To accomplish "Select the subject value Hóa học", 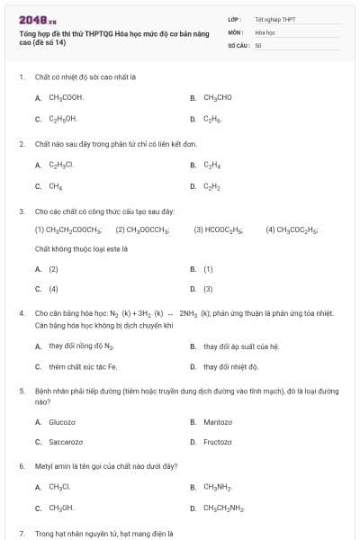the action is point(265,31).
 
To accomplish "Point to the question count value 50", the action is point(258,44).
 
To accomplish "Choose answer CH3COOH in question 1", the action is point(66,97).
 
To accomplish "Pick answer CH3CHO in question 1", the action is point(218,97).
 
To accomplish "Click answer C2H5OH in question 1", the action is point(63,119).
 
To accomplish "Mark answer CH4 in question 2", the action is point(56,186).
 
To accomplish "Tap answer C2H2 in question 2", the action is point(212,186).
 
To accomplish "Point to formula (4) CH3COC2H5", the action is point(292,229).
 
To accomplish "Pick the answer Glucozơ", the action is point(62,421).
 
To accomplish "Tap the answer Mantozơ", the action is point(218,421).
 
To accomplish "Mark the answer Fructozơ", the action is point(219,442).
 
